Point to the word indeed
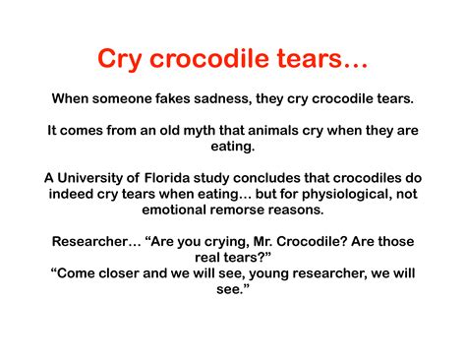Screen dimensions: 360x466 (74, 195)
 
